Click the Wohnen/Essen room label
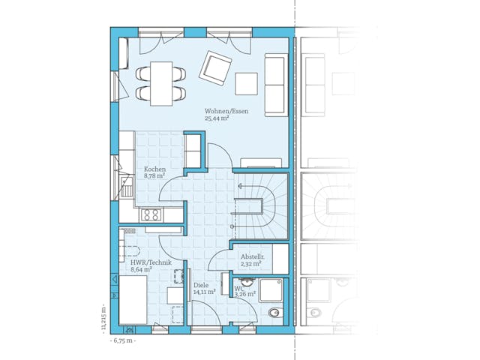(226, 112)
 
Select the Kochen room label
(154, 169)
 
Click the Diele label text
(201, 285)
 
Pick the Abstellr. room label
(251, 256)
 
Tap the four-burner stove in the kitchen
(151, 214)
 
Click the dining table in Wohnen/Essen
(160, 82)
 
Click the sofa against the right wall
(276, 84)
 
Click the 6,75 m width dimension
(122, 340)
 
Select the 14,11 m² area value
(205, 292)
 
